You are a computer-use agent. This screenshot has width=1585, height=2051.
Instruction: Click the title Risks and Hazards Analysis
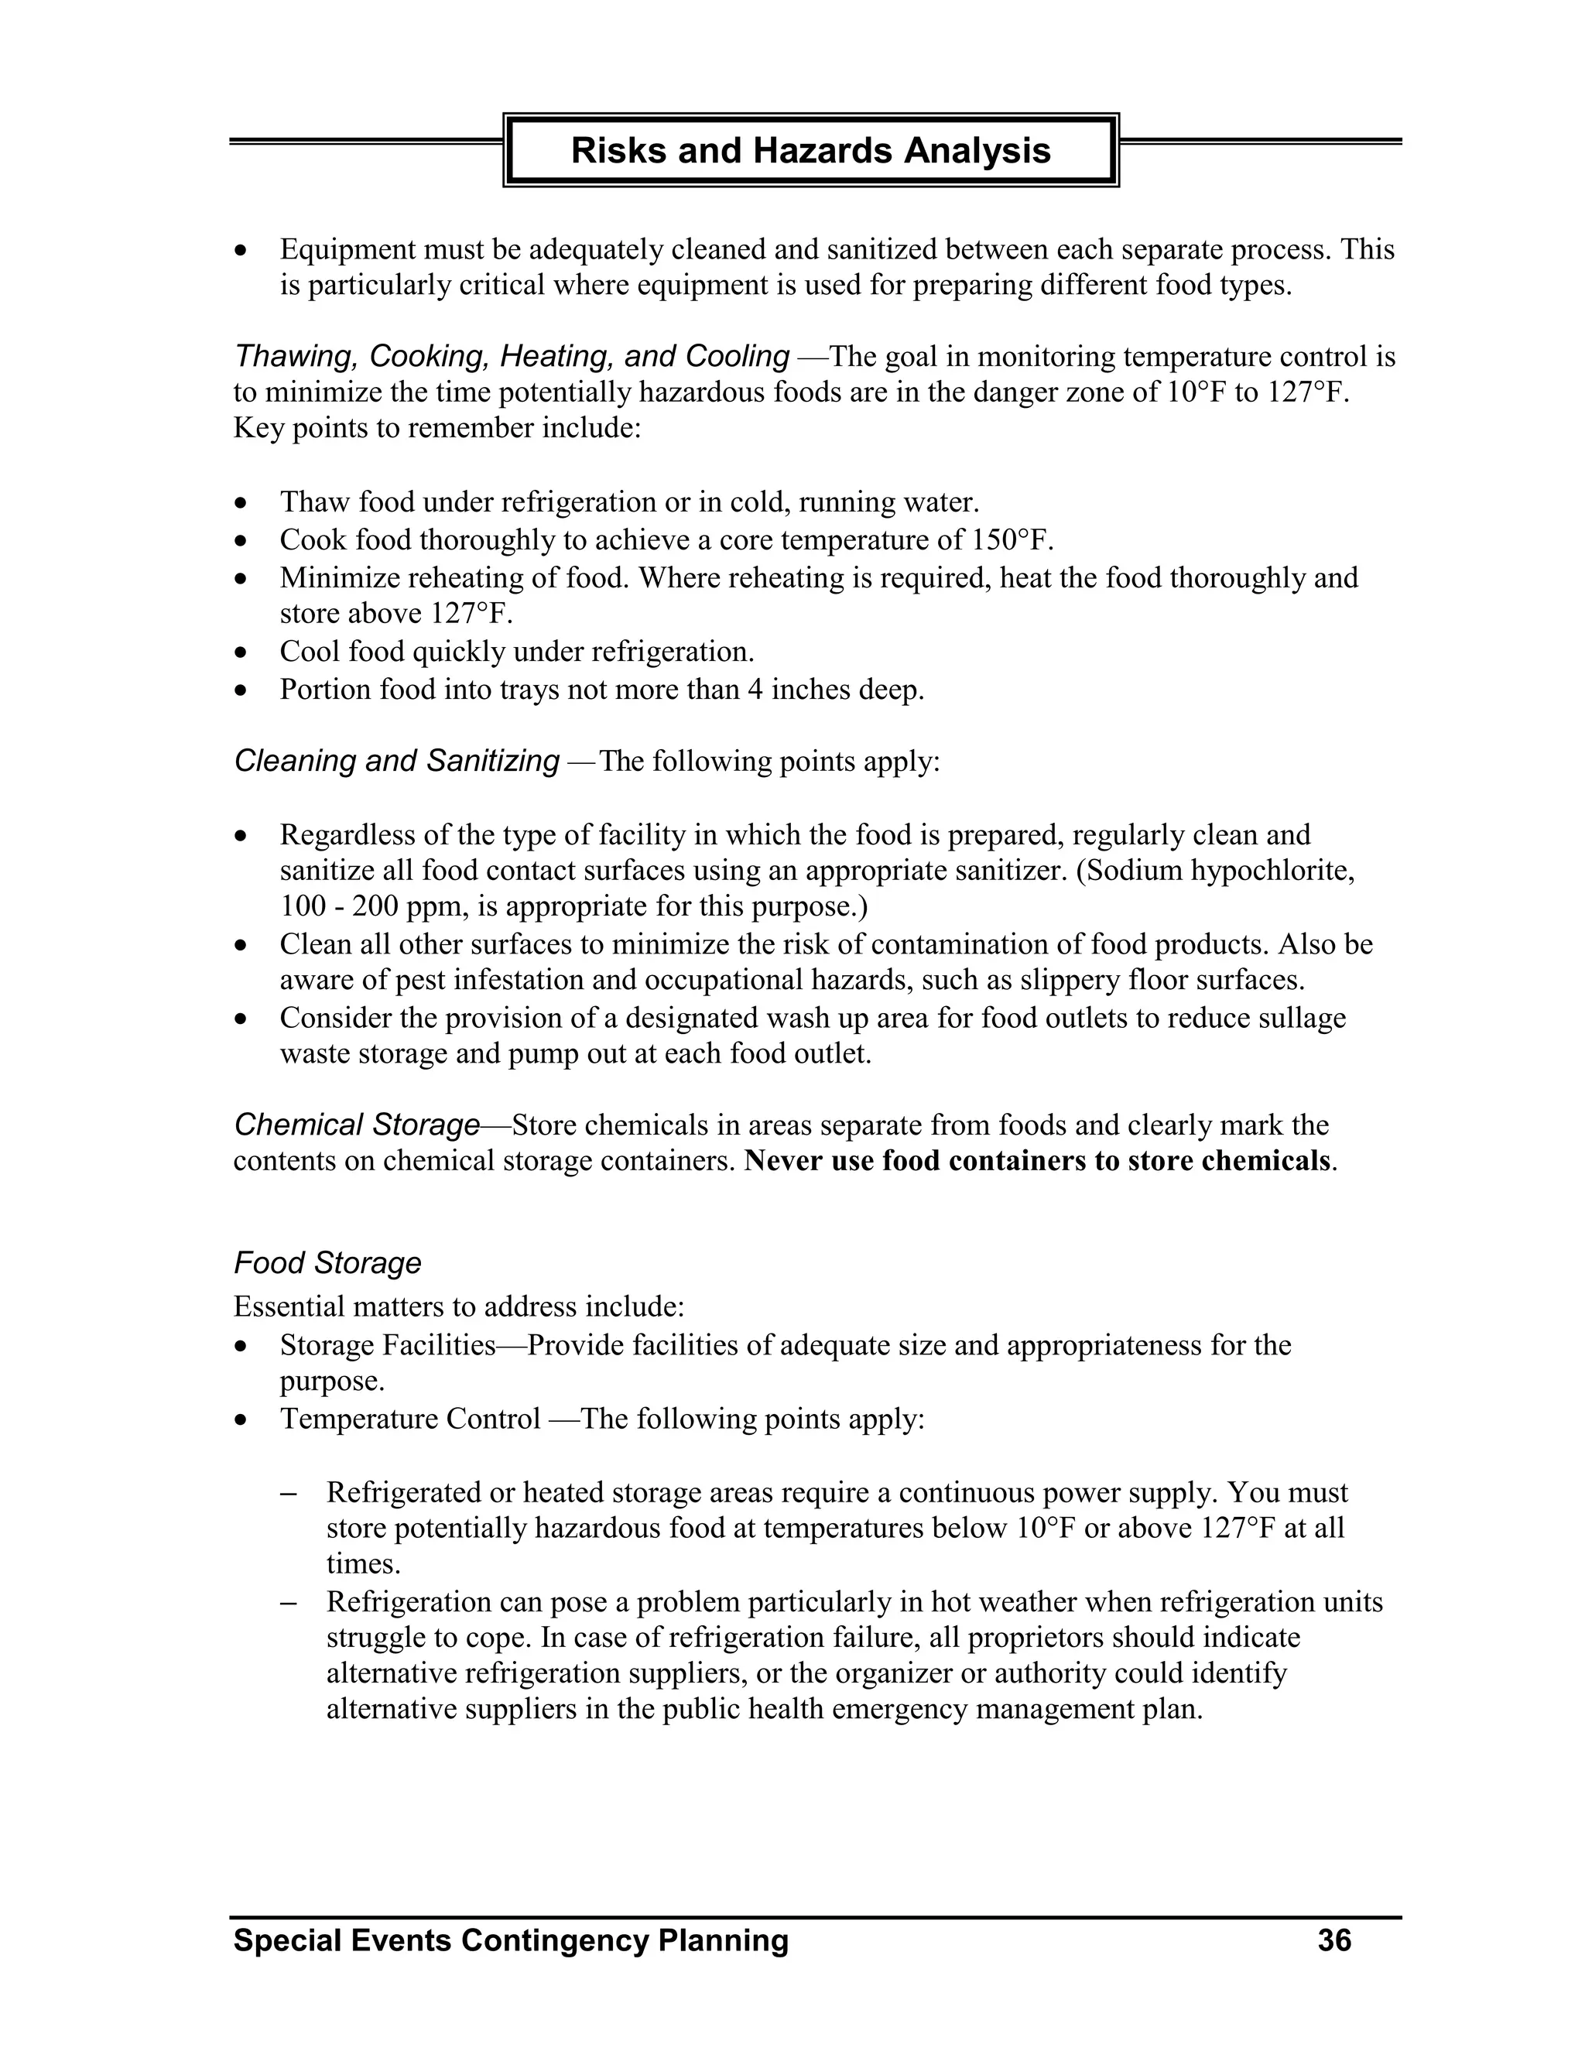(x=810, y=150)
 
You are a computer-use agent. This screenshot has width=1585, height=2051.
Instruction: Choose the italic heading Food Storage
(x=327, y=1262)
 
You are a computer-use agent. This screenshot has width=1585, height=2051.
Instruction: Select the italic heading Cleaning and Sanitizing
(x=396, y=760)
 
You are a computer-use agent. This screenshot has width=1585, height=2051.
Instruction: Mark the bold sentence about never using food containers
(x=1038, y=1161)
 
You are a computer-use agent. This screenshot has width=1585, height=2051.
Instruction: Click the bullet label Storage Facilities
(x=387, y=1345)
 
